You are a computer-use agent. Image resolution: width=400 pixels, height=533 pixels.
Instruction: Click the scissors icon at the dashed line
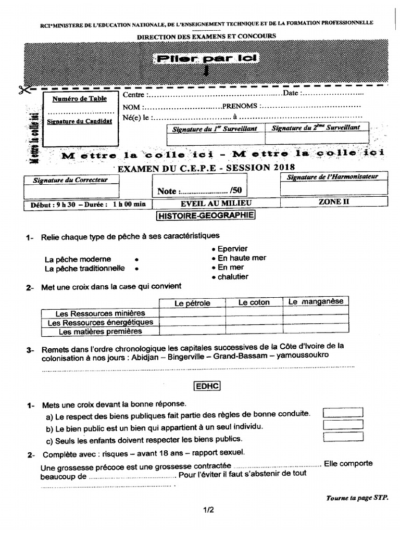click(x=23, y=89)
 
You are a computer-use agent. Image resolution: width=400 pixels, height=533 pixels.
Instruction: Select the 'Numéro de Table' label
click(x=79, y=98)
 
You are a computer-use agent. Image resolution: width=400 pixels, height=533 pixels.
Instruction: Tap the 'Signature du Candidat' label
click(x=79, y=121)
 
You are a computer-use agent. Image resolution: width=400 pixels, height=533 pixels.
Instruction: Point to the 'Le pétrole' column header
click(x=192, y=302)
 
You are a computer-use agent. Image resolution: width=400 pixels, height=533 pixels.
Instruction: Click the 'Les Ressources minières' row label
click(x=100, y=313)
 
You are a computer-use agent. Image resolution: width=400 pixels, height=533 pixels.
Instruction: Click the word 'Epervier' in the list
click(x=233, y=249)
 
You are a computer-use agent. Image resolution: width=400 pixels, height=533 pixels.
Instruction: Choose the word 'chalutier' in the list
click(x=233, y=277)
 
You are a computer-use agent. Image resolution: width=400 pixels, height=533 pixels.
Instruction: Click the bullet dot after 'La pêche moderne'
click(x=136, y=259)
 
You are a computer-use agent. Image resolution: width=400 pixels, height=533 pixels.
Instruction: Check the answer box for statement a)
click(x=343, y=413)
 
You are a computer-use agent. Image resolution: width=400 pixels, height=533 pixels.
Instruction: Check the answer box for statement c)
click(x=343, y=437)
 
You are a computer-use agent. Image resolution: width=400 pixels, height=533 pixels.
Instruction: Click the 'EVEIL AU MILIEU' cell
click(x=215, y=204)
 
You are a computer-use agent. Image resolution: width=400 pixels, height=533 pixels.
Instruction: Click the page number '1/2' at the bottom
click(x=209, y=511)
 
